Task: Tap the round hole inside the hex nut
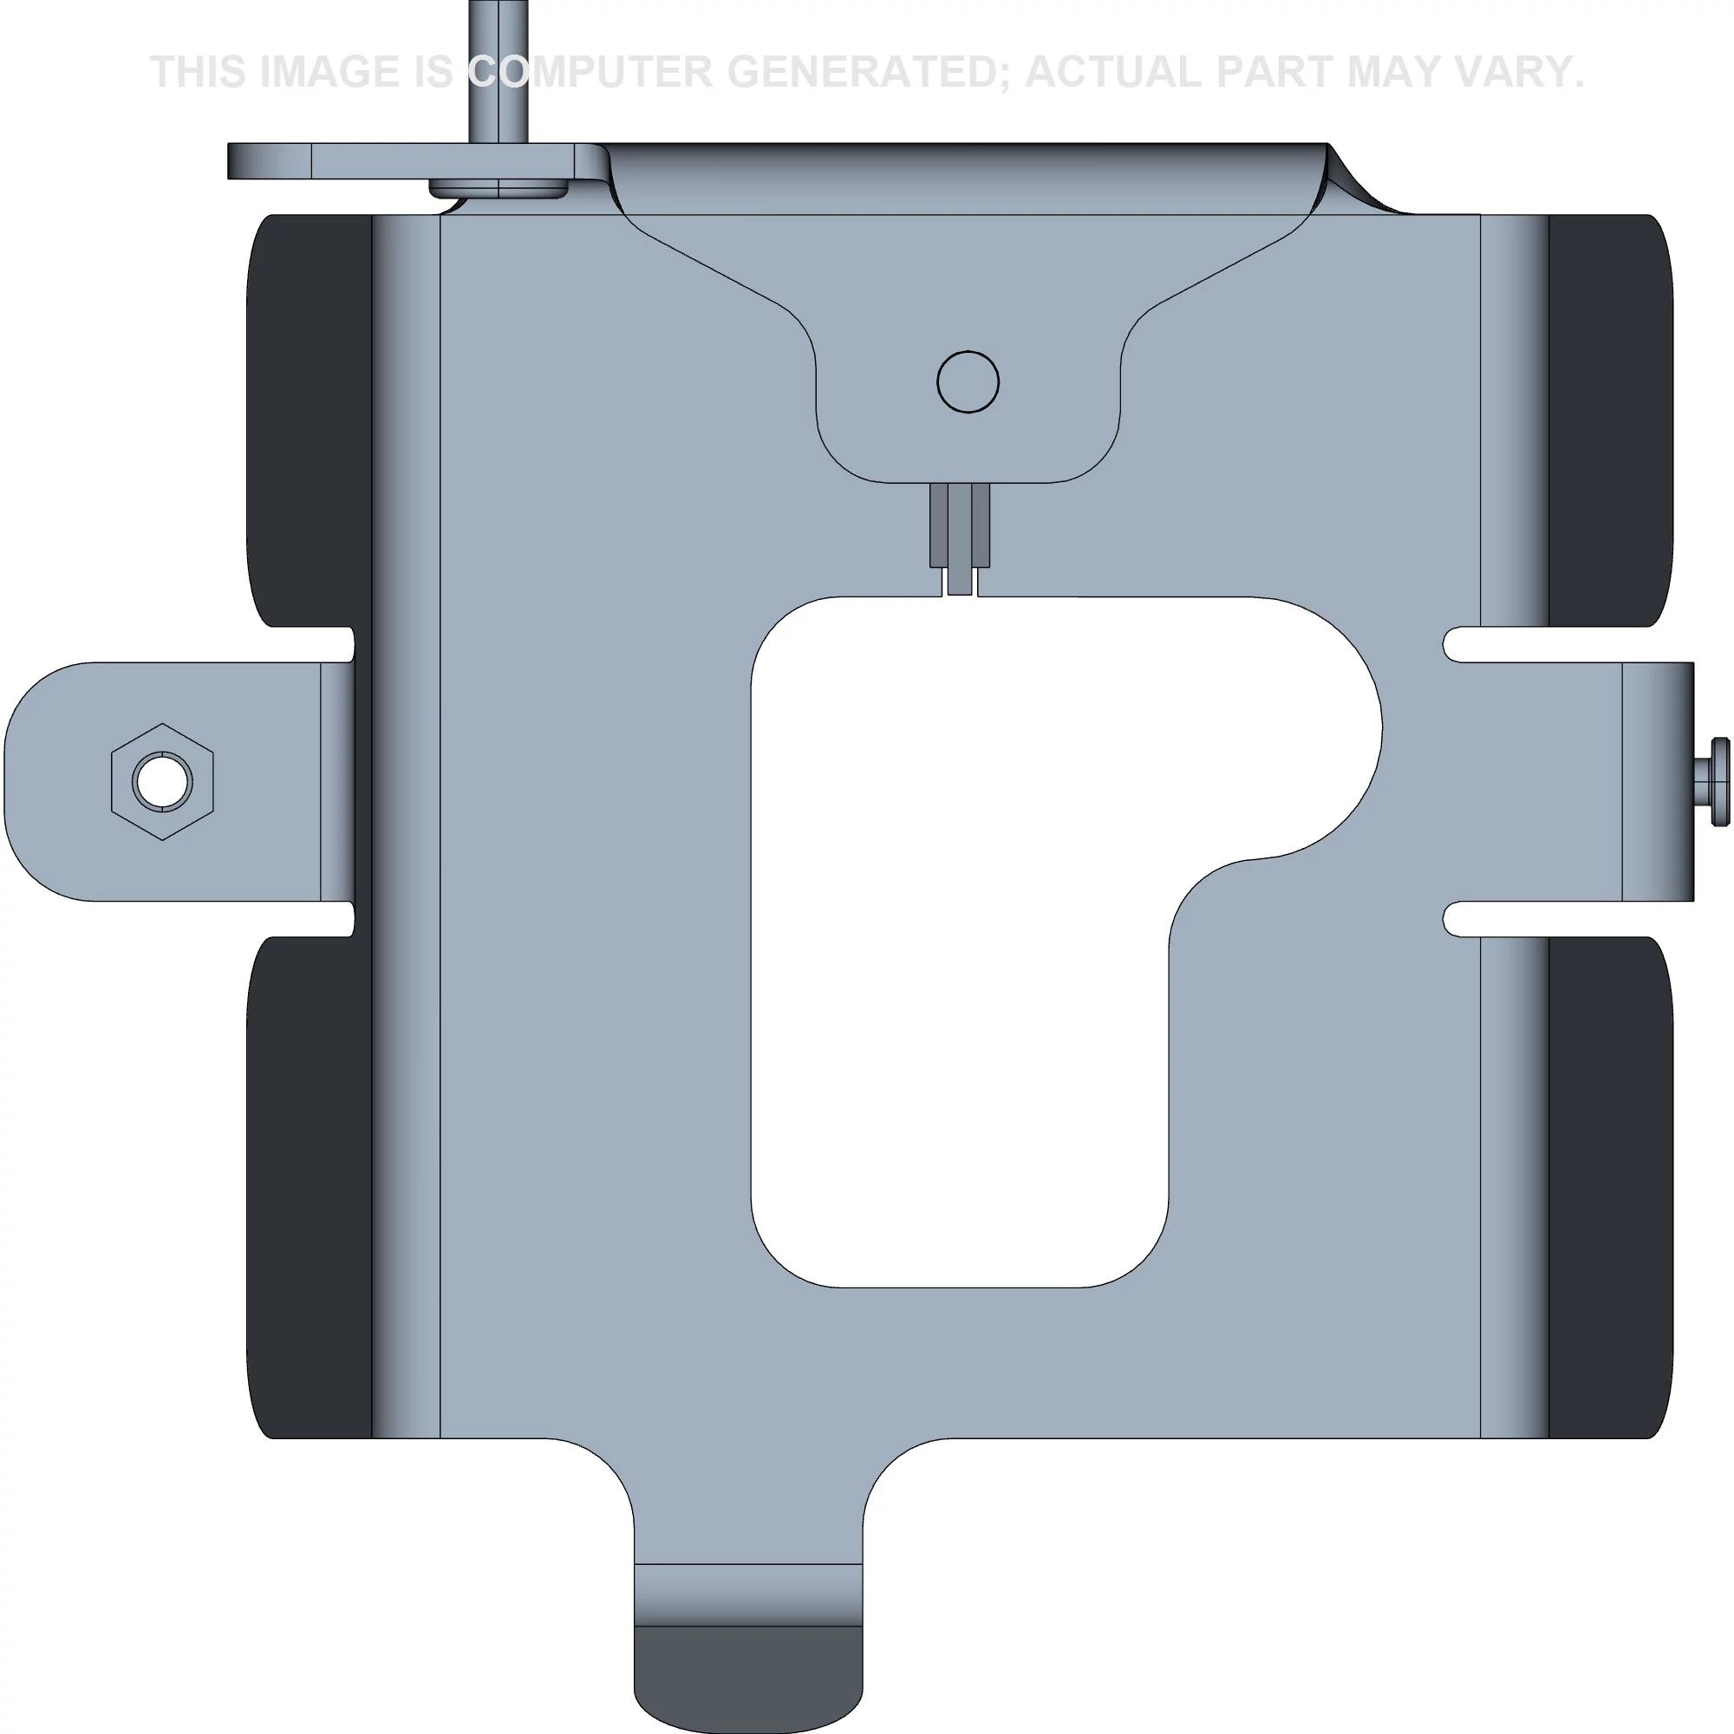tap(162, 781)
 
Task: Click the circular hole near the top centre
tap(968, 381)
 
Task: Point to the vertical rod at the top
tap(499, 72)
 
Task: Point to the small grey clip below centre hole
tap(960, 538)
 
